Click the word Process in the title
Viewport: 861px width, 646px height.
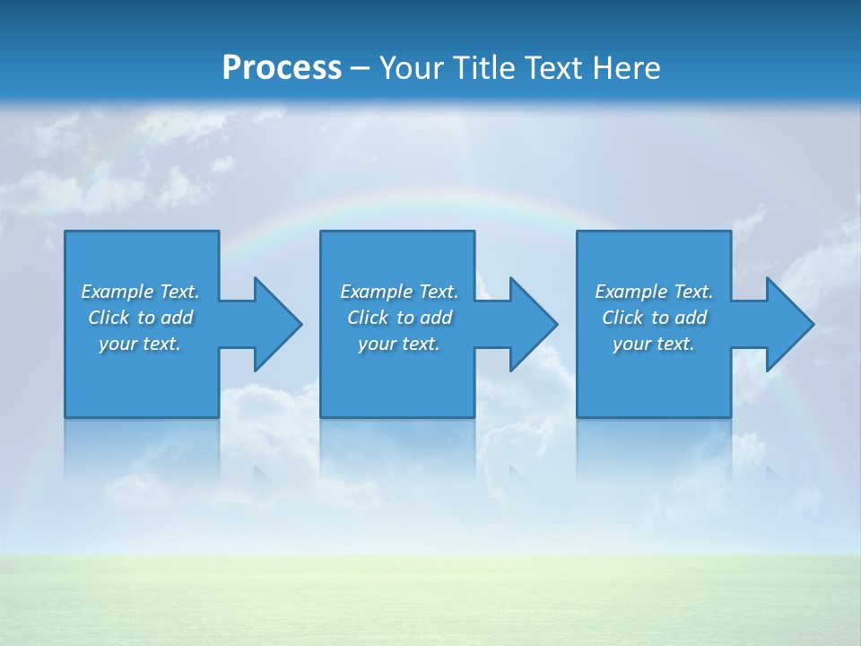(282, 67)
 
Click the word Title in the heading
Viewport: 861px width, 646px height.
(484, 67)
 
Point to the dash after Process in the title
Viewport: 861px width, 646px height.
(360, 68)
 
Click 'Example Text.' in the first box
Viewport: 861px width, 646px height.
(140, 292)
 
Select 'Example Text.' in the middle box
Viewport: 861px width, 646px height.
(399, 292)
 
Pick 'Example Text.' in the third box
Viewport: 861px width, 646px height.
(654, 292)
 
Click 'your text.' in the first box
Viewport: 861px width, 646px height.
(140, 344)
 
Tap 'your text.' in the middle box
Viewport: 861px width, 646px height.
(399, 344)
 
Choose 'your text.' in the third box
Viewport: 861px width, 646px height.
(654, 344)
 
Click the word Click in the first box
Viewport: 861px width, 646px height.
(109, 318)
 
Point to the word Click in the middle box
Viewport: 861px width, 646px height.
(368, 318)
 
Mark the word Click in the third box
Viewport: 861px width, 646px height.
(622, 318)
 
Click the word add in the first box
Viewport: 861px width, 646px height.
(178, 318)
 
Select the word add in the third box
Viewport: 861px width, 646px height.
(691, 318)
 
